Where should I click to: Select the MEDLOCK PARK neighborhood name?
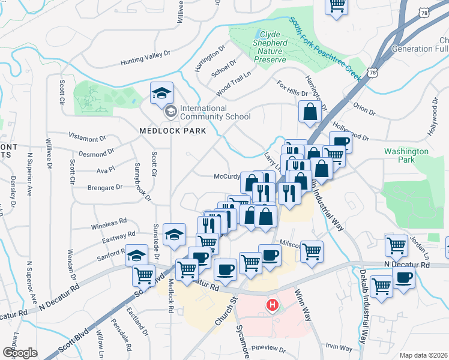[172, 130]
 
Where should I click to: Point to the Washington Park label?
[406, 156]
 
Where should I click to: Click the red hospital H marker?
[273, 305]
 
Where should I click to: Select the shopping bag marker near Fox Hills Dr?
[310, 112]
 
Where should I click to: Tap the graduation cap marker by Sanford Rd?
[137, 255]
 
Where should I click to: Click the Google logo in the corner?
[20, 353]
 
